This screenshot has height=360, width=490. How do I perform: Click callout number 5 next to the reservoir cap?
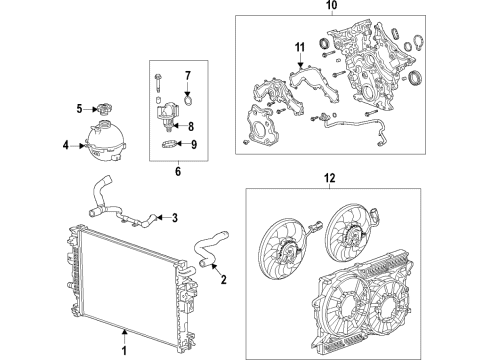coord(79,108)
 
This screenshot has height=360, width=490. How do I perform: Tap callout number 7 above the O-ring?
coord(186,76)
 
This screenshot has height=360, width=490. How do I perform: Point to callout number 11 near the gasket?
coord(298,47)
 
